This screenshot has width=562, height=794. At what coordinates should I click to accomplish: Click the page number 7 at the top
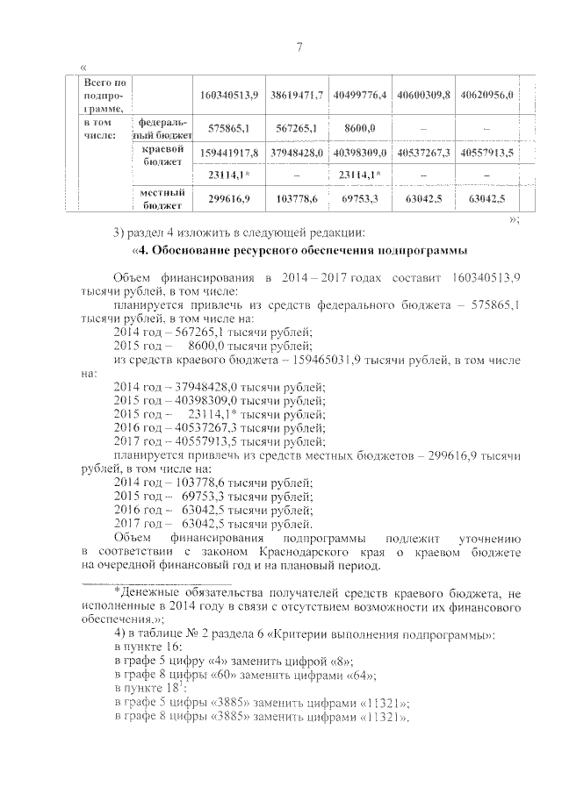tap(299, 46)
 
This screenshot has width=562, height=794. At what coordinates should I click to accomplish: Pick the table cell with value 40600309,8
tap(423, 94)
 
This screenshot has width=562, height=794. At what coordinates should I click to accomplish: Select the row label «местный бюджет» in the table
tap(162, 198)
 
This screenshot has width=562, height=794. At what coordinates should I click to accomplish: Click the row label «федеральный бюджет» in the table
tap(162, 128)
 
